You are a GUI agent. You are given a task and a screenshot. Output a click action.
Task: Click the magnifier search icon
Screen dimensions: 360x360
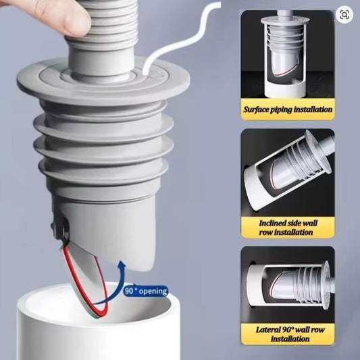click(x=344, y=15)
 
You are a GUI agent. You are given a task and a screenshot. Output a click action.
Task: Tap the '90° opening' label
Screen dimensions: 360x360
click(x=146, y=291)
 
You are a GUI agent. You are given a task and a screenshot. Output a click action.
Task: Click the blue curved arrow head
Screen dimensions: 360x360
click(x=122, y=265)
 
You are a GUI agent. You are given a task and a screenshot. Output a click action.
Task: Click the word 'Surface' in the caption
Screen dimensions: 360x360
click(x=255, y=109)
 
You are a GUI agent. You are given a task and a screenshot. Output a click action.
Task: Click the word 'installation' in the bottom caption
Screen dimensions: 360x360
click(x=290, y=339)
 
